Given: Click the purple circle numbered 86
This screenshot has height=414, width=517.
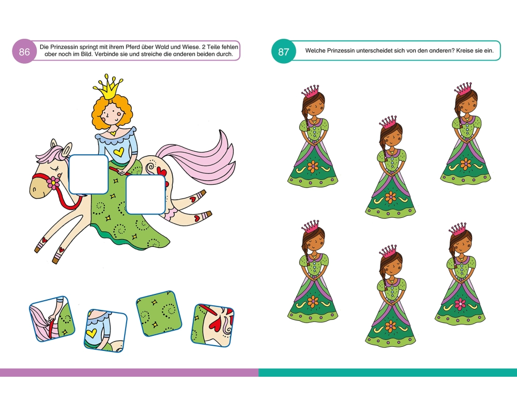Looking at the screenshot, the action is tap(24, 52).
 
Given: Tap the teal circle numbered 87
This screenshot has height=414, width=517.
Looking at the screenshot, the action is tap(283, 52).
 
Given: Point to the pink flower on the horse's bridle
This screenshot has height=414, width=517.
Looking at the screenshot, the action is tap(53, 183).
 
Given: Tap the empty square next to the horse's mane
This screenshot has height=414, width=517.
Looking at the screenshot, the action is tap(89, 174).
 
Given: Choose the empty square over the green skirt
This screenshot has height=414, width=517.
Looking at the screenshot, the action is tap(146, 195).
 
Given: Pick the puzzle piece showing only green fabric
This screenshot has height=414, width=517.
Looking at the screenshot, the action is tap(159, 313).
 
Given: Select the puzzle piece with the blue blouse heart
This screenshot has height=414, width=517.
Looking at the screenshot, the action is tap(105, 331).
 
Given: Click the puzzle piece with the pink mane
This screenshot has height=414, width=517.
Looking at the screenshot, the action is tap(52, 319).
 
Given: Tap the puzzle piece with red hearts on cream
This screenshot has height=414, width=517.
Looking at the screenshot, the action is tap(212, 326).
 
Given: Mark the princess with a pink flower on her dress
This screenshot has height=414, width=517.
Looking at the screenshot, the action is tap(460, 274).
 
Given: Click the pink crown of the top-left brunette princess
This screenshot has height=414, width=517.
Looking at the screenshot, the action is tap(310, 91).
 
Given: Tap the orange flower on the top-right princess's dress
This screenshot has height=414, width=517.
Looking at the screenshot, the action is tap(466, 164).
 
